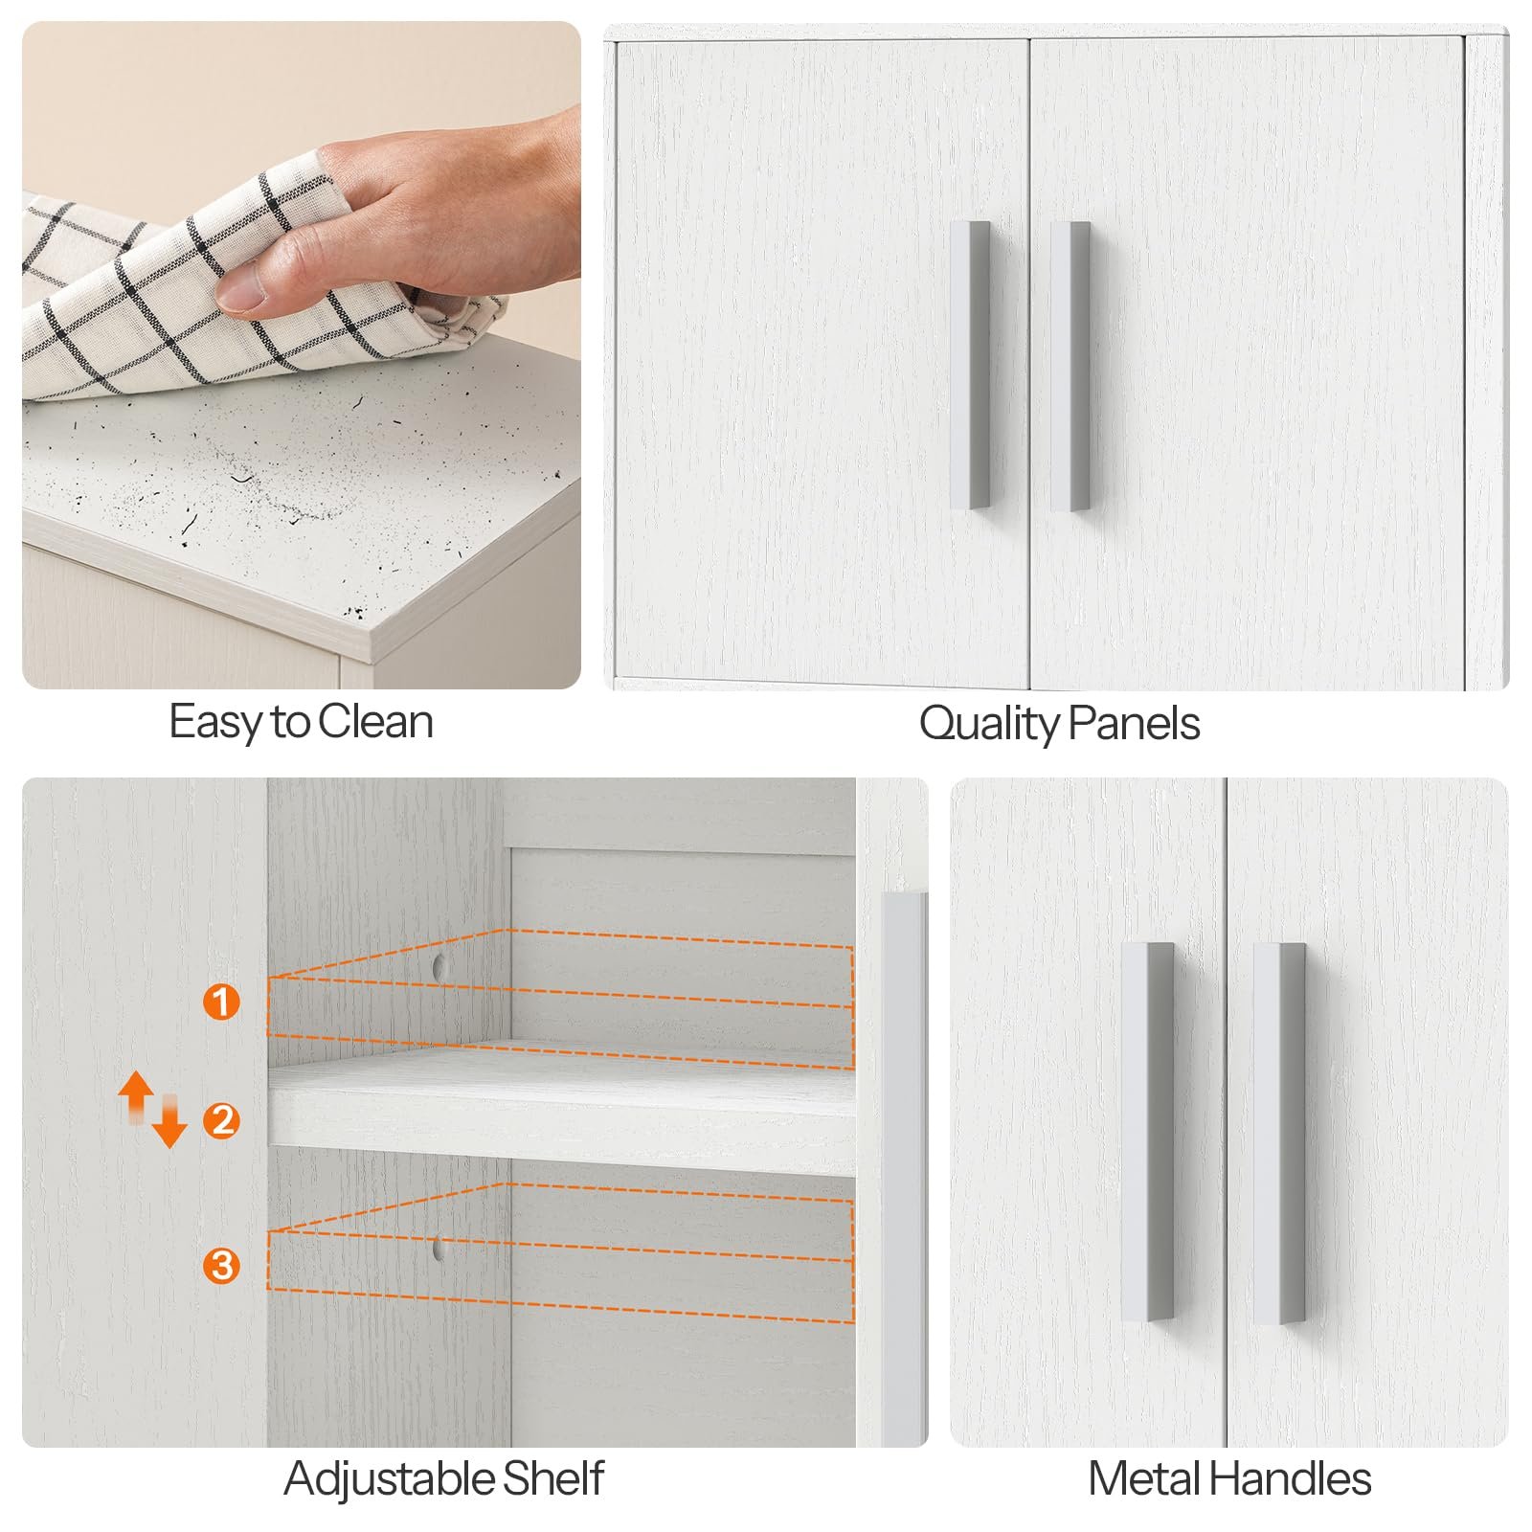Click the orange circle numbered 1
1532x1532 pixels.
[221, 1003]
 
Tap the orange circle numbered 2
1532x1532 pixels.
[221, 1119]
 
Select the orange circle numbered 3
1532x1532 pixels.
[221, 1266]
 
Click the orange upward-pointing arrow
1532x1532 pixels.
[136, 1097]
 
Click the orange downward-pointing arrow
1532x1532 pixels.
[169, 1121]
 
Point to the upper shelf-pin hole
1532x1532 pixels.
[441, 965]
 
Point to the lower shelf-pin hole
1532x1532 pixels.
[439, 1249]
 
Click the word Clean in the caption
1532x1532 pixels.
[375, 722]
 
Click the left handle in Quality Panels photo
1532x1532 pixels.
[970, 365]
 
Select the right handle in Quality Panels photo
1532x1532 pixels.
[1070, 366]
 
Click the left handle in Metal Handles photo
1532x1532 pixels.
[1147, 1132]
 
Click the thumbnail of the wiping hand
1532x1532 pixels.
[302, 355]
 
